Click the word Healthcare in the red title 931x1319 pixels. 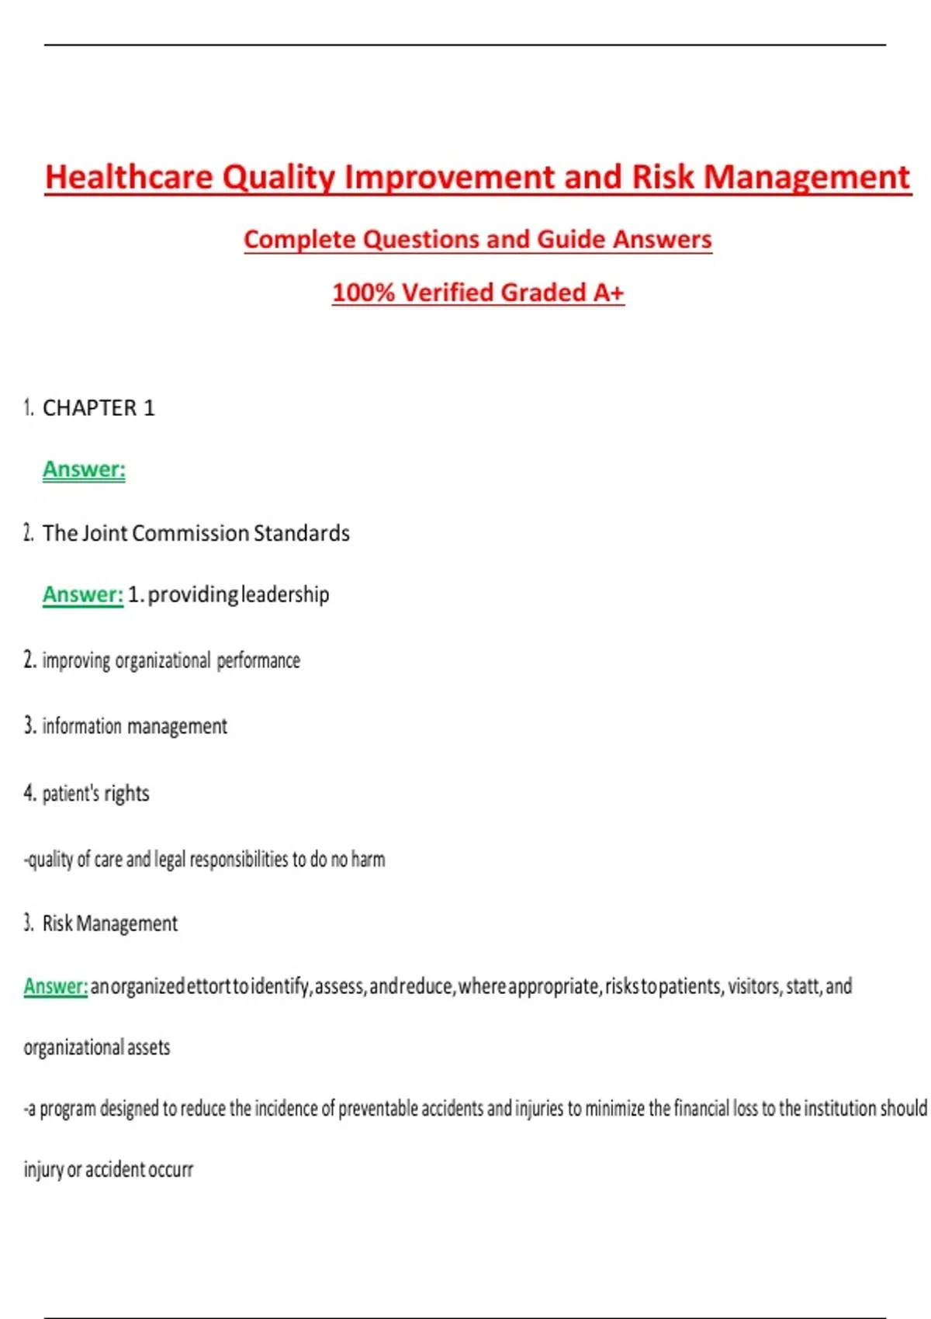point(129,177)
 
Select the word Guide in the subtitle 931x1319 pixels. point(570,239)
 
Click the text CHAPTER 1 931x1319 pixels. point(99,408)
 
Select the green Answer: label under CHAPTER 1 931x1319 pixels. point(84,469)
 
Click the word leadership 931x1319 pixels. point(286,594)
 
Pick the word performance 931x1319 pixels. point(258,660)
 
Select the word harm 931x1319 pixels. point(368,860)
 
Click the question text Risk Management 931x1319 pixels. point(110,923)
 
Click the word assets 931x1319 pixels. point(148,1047)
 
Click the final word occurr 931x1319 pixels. point(169,1169)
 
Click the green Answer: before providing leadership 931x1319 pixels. point(83,594)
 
